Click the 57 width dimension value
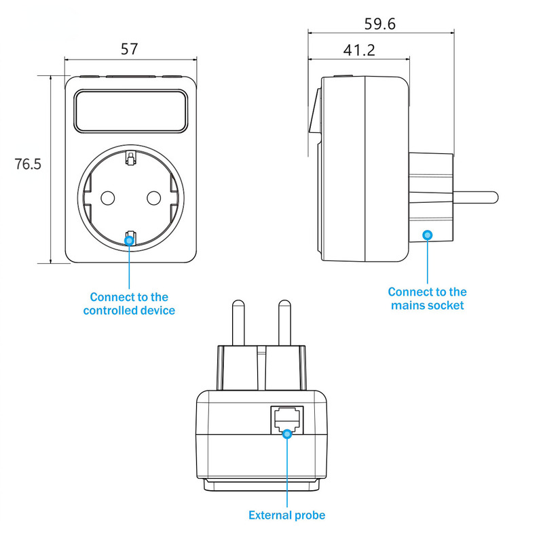tap(129, 49)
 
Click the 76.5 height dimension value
tap(28, 164)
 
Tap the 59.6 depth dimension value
tap(379, 24)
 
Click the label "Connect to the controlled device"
tap(129, 304)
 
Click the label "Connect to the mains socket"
tap(428, 298)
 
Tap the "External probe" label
tap(287, 515)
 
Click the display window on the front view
tap(129, 111)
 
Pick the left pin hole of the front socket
tap(107, 198)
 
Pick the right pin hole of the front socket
tap(153, 198)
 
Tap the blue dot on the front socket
tap(129, 239)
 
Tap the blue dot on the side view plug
tap(428, 235)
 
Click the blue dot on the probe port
tap(288, 433)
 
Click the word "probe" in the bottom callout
tap(310, 515)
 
